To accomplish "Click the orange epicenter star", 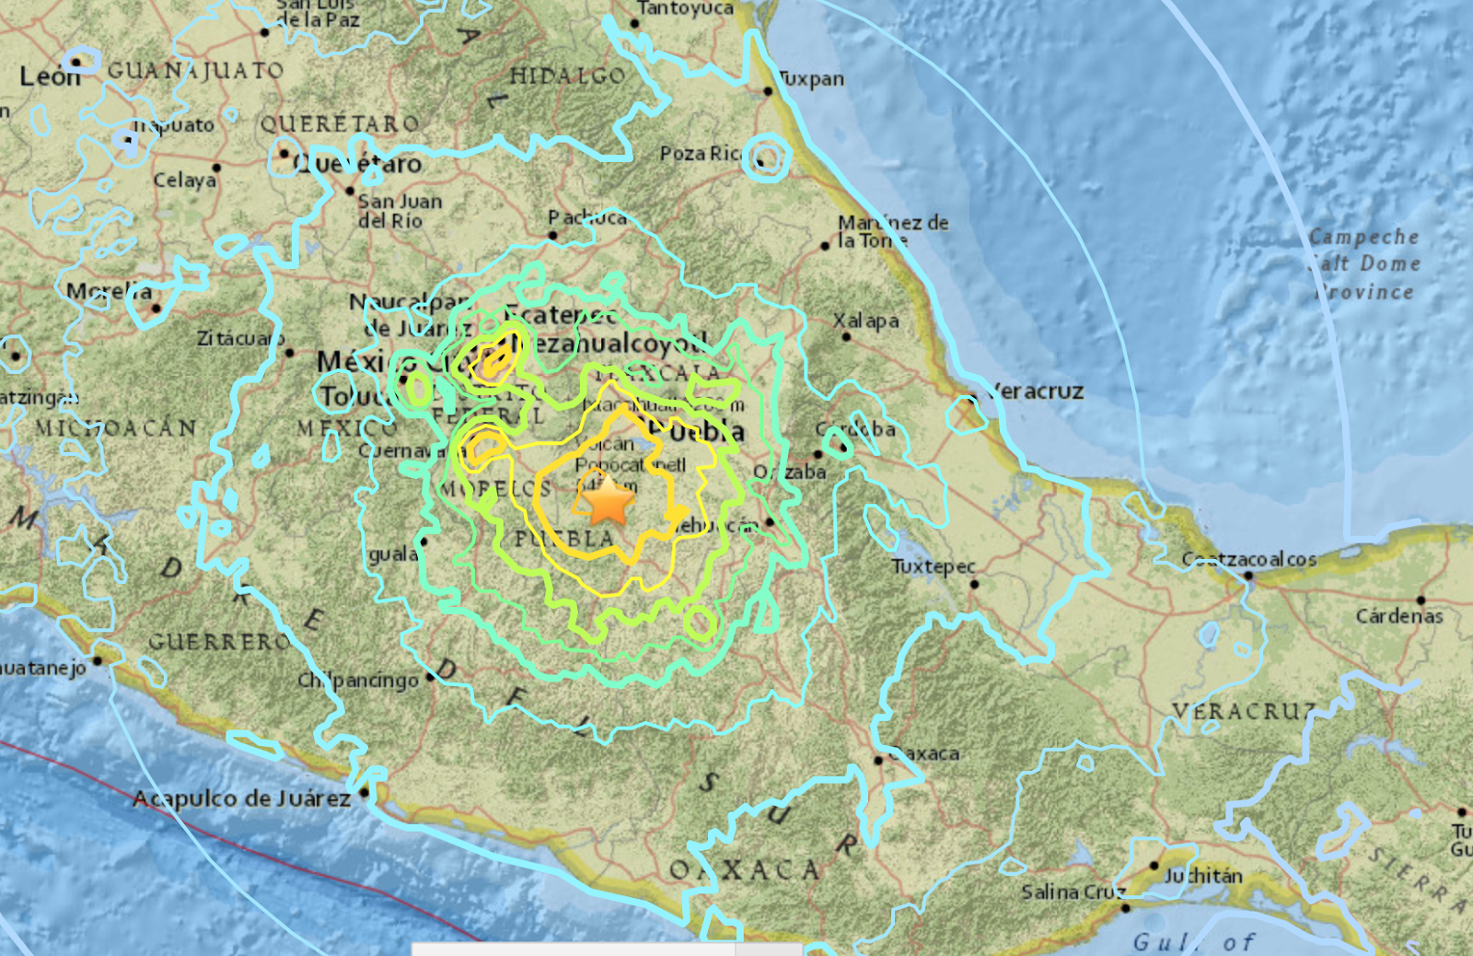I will coord(607,503).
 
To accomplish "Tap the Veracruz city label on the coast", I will coord(1035,391).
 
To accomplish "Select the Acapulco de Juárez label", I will coord(241,799).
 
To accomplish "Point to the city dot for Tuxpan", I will coord(768,90).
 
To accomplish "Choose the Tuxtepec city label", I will coord(933,566).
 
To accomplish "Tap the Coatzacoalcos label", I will coord(1249,559).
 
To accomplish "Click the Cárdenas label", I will coord(1398,615).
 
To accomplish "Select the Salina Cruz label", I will coord(1073,892).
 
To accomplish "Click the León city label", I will coord(50,76).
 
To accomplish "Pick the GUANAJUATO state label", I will coord(195,70).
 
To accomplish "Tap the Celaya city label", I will coord(184,180).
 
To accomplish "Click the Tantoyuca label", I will coord(685,8).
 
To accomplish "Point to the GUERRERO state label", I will coord(218,641).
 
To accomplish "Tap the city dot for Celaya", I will coord(216,168).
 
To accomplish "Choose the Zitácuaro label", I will coord(239,339).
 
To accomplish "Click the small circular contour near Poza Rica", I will coord(767,157).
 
